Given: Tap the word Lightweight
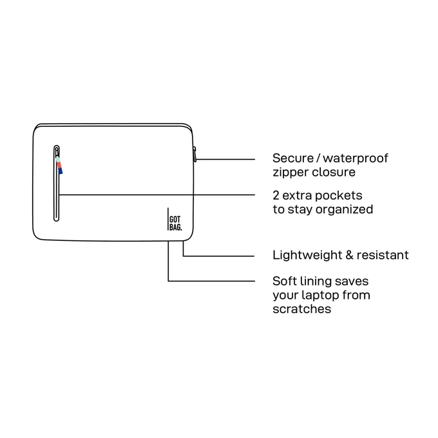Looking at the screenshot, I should pyautogui.click(x=307, y=255).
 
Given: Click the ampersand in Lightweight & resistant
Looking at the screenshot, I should pyautogui.click(x=349, y=255).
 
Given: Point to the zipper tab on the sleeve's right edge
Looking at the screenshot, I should pyautogui.click(x=195, y=155).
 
